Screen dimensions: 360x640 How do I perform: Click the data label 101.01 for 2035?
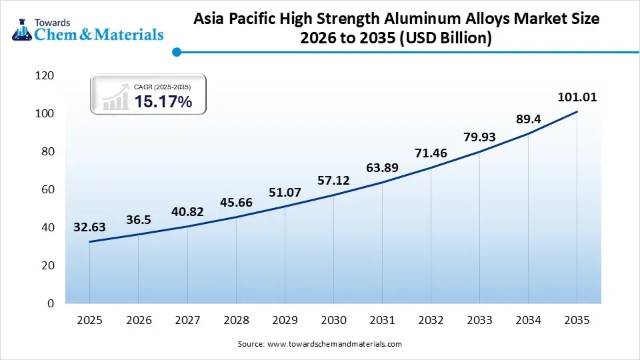(x=577, y=97)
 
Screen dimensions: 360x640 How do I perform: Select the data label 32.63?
(x=89, y=227)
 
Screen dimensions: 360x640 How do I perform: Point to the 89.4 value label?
(x=528, y=120)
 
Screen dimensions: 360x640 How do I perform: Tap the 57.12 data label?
(x=333, y=181)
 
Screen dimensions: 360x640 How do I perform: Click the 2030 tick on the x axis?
(x=333, y=320)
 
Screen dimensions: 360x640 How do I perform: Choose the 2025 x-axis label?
(x=89, y=320)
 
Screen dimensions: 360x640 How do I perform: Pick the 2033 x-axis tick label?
(x=479, y=320)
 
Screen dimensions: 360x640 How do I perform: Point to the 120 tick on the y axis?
(x=44, y=76)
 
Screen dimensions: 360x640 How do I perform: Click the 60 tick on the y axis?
(x=47, y=190)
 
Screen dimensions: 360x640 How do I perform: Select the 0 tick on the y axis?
(x=51, y=303)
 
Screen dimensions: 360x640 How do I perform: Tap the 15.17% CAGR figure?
(x=163, y=102)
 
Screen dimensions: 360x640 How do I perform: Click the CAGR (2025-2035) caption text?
(x=163, y=87)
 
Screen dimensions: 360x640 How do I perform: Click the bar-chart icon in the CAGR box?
(x=115, y=97)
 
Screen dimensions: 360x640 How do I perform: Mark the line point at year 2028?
(x=236, y=217)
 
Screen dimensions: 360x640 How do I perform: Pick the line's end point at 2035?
(x=577, y=112)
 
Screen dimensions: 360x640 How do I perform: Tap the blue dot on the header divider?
(x=176, y=51)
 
